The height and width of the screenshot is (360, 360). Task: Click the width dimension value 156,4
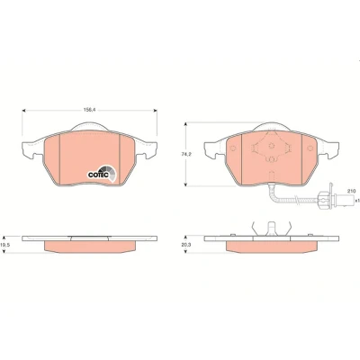click(x=89, y=110)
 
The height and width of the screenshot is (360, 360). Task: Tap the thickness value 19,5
click(x=4, y=245)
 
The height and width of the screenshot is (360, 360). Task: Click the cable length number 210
click(x=351, y=191)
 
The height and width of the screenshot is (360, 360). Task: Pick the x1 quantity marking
click(x=357, y=200)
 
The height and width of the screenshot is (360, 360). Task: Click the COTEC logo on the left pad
click(x=102, y=173)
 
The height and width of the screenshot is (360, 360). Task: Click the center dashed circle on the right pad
click(x=272, y=146)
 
